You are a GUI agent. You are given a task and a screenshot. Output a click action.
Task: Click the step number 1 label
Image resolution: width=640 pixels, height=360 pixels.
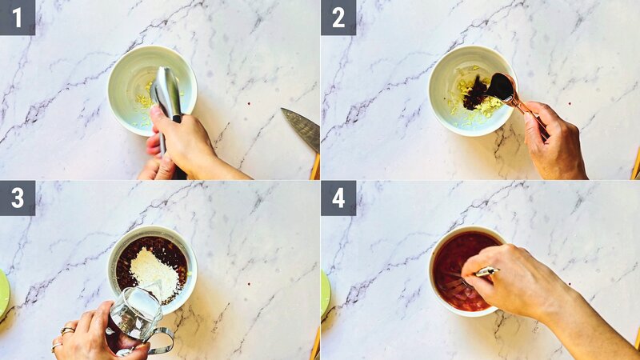(18, 17)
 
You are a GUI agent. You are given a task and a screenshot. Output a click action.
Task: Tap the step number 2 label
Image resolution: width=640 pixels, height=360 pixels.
(338, 17)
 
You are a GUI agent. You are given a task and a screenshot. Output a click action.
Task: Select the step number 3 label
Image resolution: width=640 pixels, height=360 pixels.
(18, 198)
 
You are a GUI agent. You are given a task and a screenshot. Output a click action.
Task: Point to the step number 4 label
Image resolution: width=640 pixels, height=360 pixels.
(338, 198)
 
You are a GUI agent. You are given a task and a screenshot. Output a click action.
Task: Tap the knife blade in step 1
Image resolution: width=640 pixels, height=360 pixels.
(301, 128)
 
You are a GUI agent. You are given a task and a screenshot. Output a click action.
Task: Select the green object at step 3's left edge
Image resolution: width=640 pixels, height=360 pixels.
(3, 292)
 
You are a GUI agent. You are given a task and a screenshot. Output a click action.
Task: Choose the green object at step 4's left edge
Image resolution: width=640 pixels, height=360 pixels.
(325, 292)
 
